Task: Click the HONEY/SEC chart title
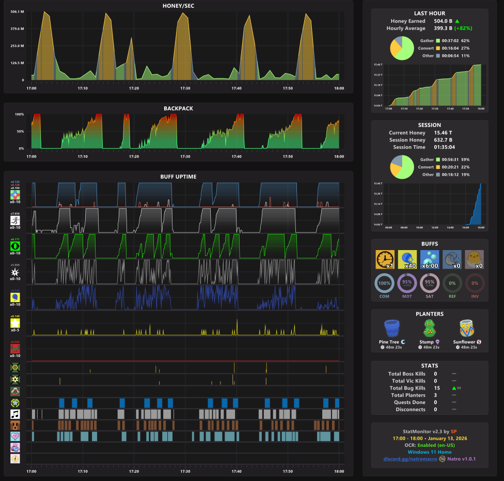click(178, 6)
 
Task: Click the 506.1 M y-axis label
click(18, 12)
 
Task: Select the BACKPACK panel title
click(178, 108)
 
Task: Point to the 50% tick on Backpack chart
click(20, 131)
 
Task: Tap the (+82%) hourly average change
click(463, 28)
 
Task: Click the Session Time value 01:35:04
click(446, 147)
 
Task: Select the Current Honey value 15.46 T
click(443, 133)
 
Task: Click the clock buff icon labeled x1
click(385, 259)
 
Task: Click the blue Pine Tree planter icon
click(392, 329)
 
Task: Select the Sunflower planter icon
click(467, 329)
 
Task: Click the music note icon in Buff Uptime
click(15, 414)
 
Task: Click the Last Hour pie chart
click(402, 48)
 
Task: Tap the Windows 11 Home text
click(429, 452)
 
